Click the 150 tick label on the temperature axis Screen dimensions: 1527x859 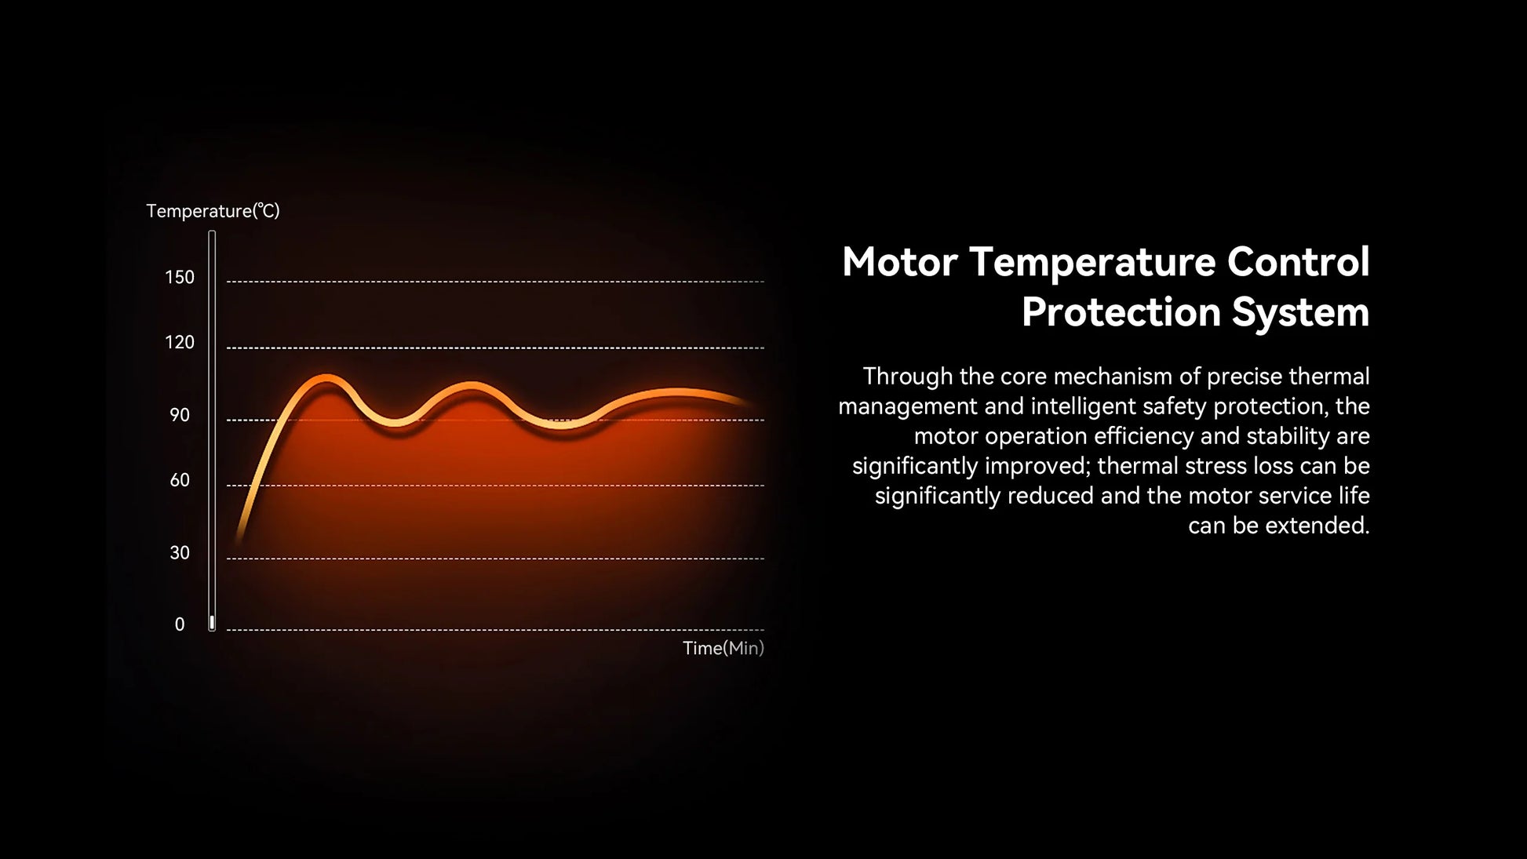point(180,277)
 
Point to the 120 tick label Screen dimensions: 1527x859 point(180,342)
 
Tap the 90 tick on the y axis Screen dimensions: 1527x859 point(180,415)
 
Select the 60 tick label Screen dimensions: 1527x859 point(180,480)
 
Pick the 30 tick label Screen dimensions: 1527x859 point(180,553)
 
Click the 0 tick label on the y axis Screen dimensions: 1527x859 point(180,624)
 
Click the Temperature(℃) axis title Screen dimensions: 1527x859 point(213,211)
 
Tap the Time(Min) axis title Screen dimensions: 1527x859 point(723,648)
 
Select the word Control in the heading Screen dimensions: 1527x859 point(1298,262)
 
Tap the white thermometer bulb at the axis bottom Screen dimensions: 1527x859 point(212,623)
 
